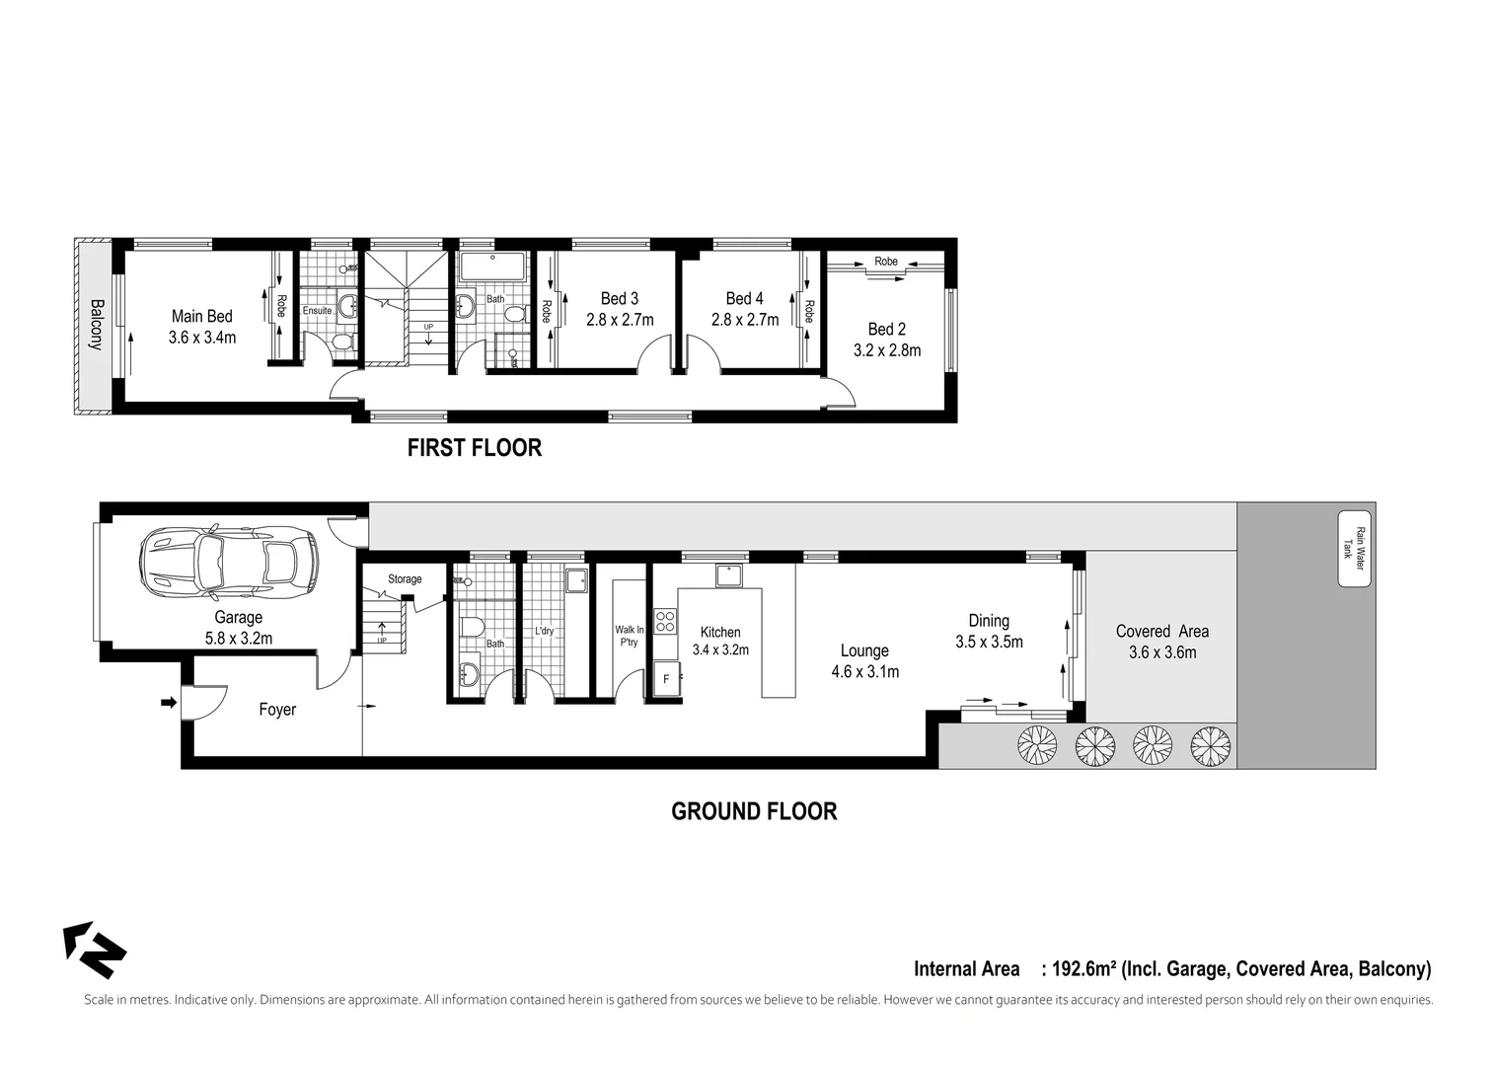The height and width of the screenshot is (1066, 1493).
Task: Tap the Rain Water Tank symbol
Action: [x=1354, y=549]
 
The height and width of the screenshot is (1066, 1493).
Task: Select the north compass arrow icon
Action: [x=95, y=949]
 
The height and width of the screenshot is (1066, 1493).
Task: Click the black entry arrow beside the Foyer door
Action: [x=169, y=703]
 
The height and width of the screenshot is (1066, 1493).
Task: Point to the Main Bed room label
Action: [x=201, y=316]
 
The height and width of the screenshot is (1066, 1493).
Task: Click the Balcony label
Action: [x=96, y=325]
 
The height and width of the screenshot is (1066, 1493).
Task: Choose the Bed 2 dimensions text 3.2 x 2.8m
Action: [x=886, y=350]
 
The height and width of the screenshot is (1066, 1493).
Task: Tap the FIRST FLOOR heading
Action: [x=475, y=448]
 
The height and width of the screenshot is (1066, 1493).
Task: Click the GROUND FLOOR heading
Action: [x=754, y=811]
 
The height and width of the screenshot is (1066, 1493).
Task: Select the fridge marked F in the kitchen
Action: [x=666, y=679]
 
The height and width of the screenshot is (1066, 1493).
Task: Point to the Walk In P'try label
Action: [x=629, y=636]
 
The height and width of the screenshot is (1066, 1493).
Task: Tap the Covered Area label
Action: [x=1161, y=632]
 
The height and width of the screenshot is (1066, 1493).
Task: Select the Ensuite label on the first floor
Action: [x=317, y=310]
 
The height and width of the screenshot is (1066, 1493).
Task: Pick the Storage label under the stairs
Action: [x=405, y=579]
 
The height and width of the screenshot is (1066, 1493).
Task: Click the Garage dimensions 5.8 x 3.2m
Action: [x=239, y=639]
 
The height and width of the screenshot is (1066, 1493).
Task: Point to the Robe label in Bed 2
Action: [x=886, y=262]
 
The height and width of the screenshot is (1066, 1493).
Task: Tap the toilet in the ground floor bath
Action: [x=471, y=627]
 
